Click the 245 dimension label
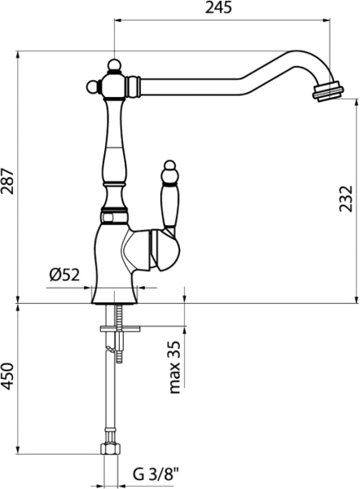pos(218,7)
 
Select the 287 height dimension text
pos(7,181)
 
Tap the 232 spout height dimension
pos(345,199)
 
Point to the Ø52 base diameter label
pos(64,275)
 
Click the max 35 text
pos(174,367)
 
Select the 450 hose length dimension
pos(7,376)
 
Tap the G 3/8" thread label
pos(156,475)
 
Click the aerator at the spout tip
pos(327,91)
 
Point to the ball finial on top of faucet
pos(114,65)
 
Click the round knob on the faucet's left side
pos(92,86)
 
